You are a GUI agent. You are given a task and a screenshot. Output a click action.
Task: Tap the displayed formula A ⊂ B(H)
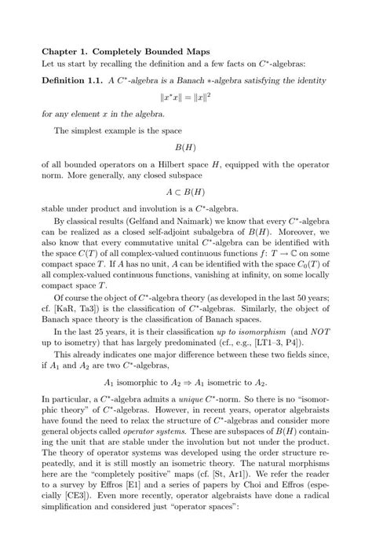[185, 192]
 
